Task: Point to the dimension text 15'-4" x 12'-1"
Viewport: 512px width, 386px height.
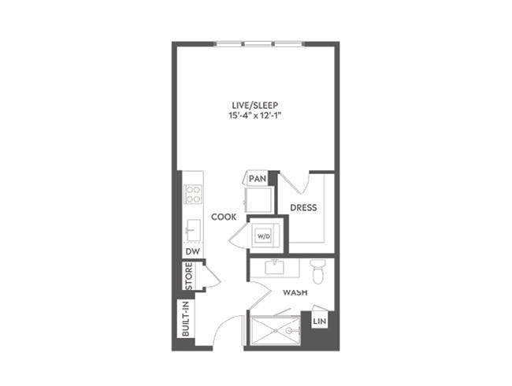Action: point(256,117)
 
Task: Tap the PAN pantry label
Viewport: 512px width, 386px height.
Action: point(257,180)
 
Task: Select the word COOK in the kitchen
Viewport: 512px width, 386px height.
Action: point(224,217)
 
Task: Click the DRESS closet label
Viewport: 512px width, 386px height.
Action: point(303,208)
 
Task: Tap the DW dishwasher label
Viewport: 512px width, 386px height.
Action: point(191,251)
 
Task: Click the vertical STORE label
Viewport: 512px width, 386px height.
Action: point(189,276)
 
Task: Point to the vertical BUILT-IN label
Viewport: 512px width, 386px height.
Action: point(187,319)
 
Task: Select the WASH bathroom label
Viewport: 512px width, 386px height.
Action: point(295,293)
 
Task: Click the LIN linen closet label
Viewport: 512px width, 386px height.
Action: point(320,321)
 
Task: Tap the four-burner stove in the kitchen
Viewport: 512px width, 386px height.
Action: point(193,195)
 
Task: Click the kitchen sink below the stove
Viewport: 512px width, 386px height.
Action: point(192,230)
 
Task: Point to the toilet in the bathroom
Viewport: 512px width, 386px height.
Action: point(318,270)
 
